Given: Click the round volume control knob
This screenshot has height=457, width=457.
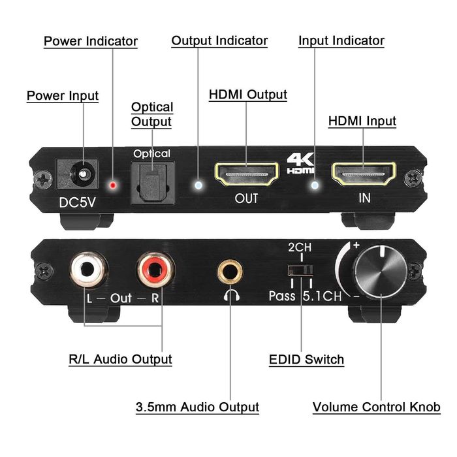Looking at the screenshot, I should click(373, 274).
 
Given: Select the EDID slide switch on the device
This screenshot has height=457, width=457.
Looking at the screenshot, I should click(300, 271).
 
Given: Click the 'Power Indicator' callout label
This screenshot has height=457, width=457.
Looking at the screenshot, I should click(91, 41).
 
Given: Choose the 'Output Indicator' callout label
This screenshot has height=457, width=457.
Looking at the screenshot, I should click(219, 40).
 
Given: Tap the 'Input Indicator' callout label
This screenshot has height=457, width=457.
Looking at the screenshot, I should click(341, 40).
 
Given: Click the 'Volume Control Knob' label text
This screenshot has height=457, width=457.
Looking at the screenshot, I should click(377, 407).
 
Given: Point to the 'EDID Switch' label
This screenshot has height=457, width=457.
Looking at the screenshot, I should click(307, 359).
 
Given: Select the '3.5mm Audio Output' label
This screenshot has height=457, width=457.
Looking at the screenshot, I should click(197, 407).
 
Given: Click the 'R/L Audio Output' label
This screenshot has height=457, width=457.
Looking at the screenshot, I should click(120, 359).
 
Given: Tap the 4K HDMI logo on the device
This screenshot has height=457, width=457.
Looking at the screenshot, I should click(300, 163).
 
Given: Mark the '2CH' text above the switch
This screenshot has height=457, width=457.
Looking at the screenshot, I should click(300, 248).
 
